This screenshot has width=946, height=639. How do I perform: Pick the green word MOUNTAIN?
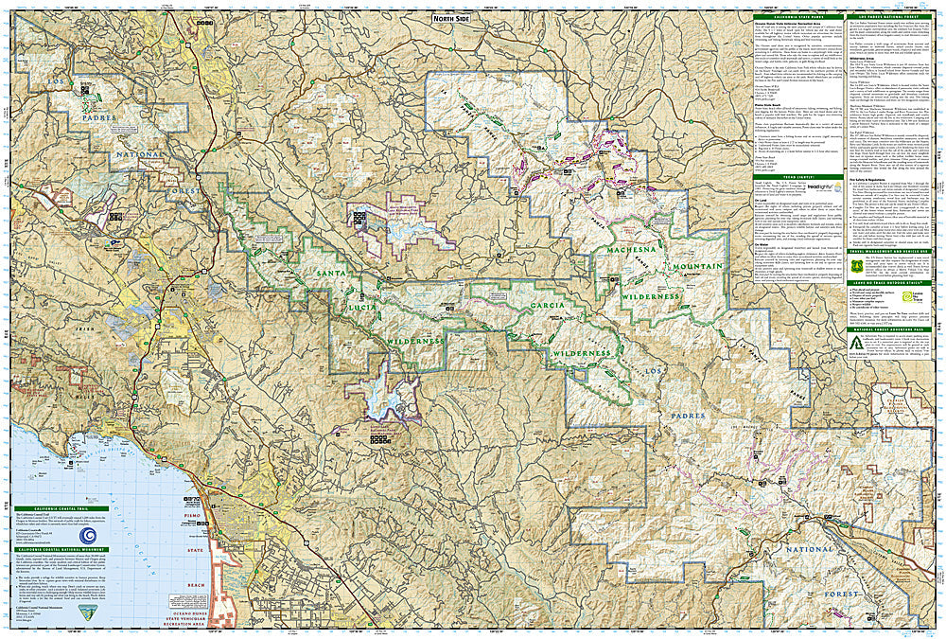tap(696, 267)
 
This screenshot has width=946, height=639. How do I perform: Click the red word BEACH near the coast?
tap(196, 586)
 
